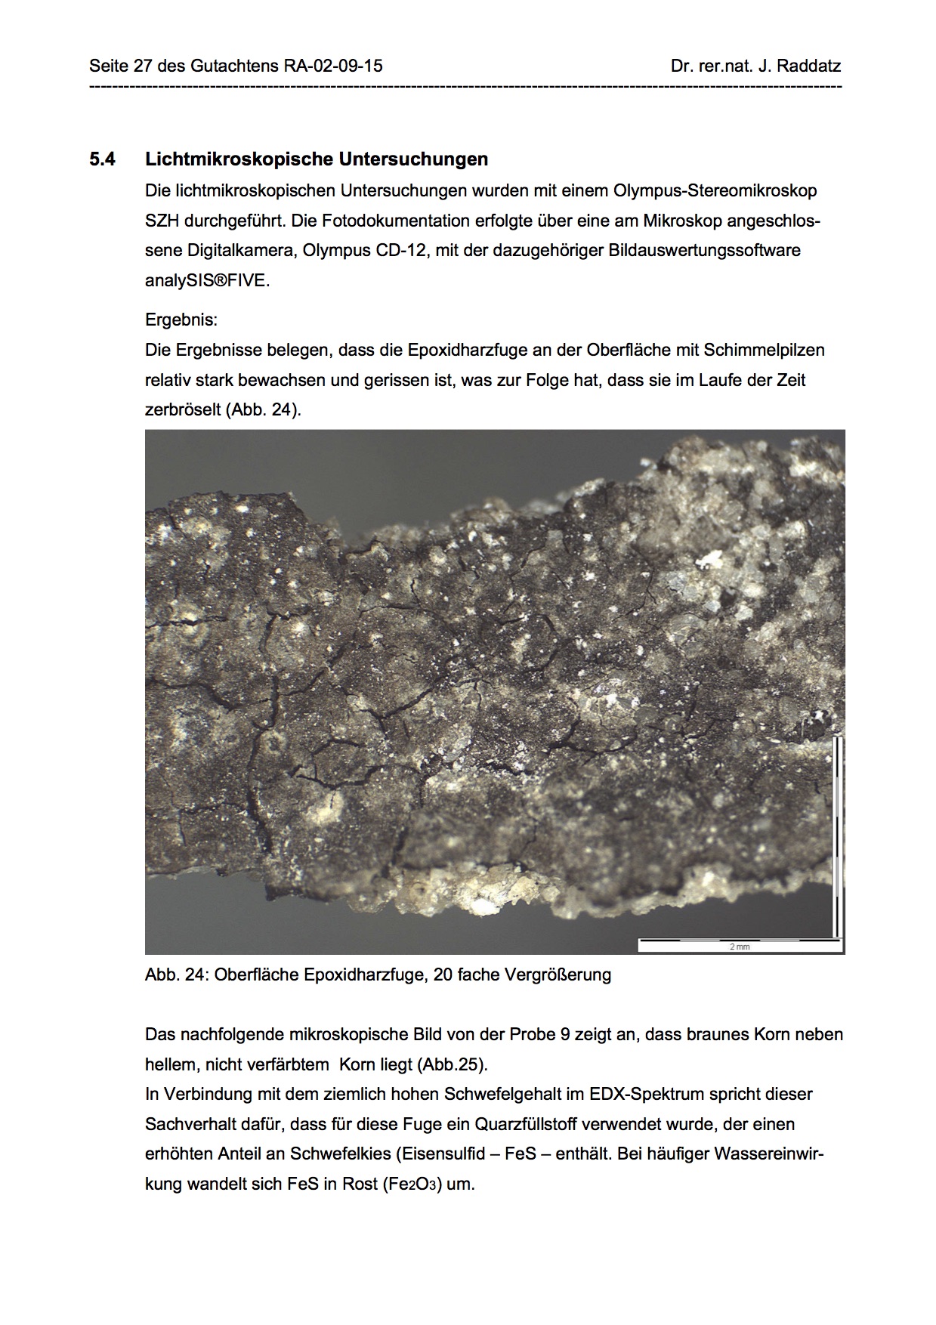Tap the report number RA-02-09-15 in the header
click(333, 66)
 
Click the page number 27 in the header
click(142, 66)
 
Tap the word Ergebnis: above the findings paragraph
click(181, 320)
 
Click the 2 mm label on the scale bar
click(739, 947)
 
